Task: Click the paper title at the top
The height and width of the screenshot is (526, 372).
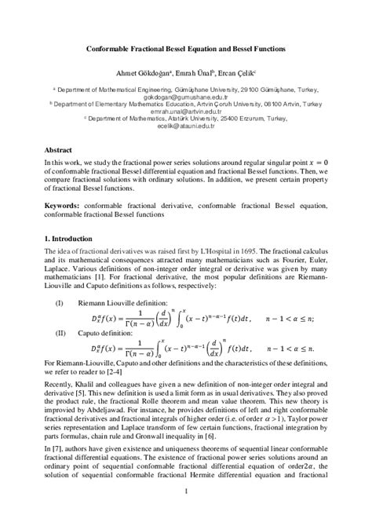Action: [x=185, y=48]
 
